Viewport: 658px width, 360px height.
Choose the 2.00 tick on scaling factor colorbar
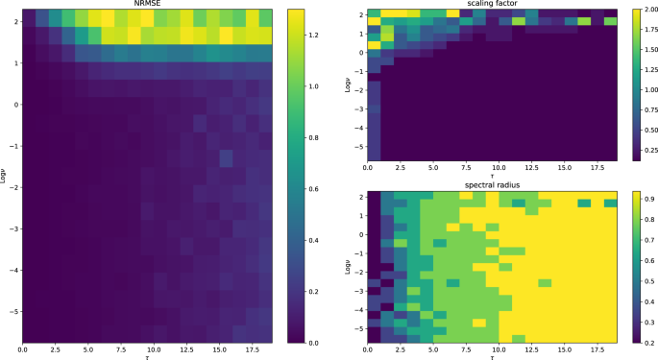click(x=643, y=9)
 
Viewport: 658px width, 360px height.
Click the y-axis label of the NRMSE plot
click(x=7, y=175)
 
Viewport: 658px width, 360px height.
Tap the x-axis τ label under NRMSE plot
click(x=148, y=355)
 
